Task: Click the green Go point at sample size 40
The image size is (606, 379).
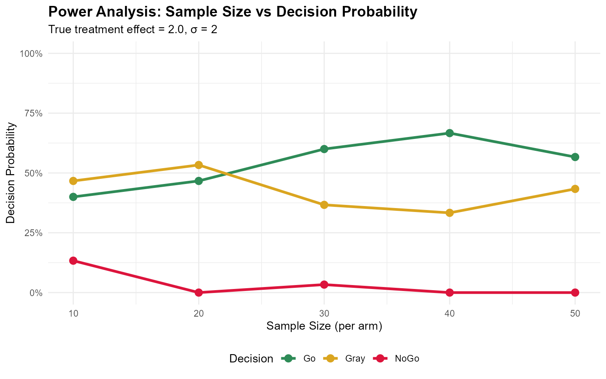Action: (449, 133)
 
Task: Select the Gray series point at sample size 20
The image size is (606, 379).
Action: (198, 165)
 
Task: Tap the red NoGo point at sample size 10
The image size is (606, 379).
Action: (73, 261)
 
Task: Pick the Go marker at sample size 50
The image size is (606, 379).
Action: (575, 157)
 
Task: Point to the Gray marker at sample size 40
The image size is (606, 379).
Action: (449, 213)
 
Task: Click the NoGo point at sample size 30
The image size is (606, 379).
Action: (324, 285)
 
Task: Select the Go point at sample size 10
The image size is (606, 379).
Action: (73, 197)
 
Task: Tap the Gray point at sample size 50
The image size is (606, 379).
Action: (575, 189)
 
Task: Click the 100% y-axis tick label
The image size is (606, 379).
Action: (31, 54)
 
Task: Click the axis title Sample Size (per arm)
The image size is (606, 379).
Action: (324, 326)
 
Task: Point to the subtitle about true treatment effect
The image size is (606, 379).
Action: (133, 30)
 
